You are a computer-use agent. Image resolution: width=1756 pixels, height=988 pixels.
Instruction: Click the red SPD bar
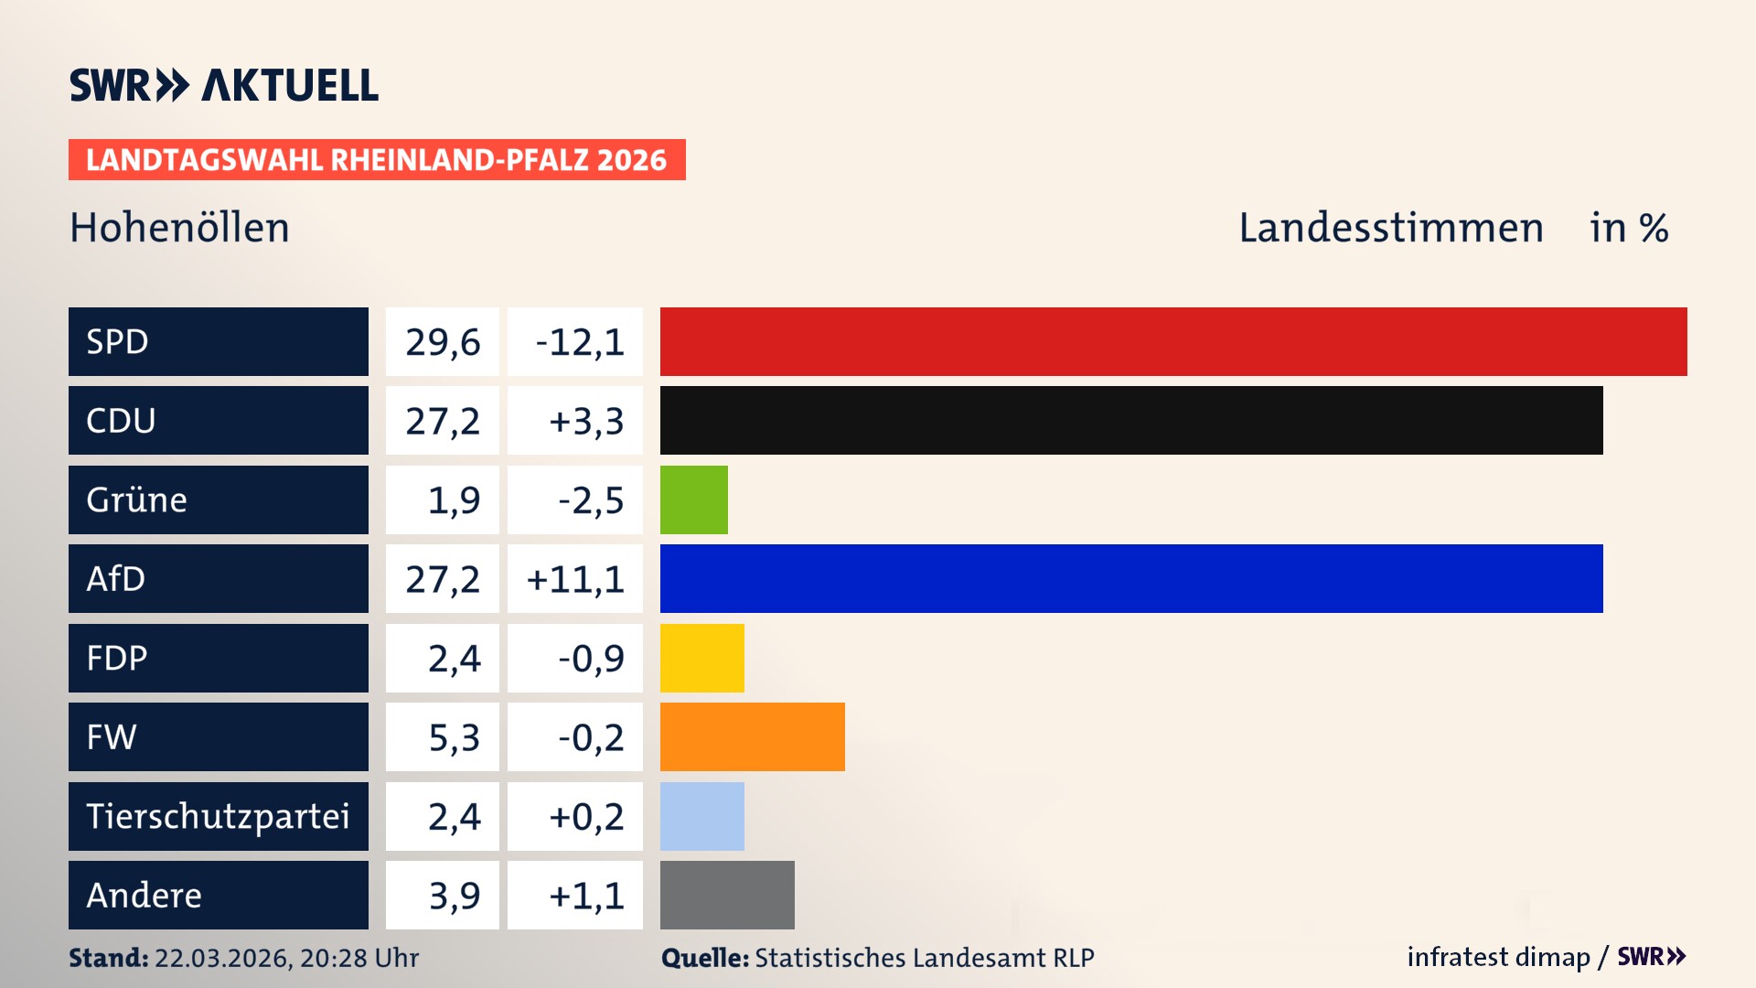click(x=1173, y=341)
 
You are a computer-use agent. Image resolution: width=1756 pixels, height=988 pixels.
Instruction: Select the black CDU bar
click(x=1131, y=421)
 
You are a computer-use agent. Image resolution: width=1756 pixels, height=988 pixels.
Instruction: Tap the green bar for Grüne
click(x=694, y=499)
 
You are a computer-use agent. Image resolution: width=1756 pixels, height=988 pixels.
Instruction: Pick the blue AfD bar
click(x=1131, y=578)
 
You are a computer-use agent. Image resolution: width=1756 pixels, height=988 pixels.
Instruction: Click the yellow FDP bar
click(x=702, y=658)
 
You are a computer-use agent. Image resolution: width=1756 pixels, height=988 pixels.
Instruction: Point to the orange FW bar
click(x=753, y=736)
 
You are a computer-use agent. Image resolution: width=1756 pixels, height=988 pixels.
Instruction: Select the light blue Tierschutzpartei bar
click(x=702, y=816)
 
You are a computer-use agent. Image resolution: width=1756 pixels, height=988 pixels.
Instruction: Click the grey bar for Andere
click(x=727, y=895)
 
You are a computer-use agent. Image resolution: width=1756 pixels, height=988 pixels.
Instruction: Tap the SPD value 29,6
click(x=443, y=342)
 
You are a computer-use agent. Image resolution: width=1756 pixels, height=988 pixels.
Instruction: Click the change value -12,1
click(x=579, y=342)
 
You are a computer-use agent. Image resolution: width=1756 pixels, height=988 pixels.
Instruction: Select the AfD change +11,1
click(x=575, y=579)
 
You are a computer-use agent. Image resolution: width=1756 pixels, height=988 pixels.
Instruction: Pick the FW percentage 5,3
click(x=454, y=737)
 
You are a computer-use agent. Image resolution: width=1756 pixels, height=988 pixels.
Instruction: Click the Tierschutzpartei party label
click(x=218, y=816)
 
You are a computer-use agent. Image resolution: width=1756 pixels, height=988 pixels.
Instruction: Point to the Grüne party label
click(x=137, y=499)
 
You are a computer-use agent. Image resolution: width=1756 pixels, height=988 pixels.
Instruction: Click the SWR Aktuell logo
click(x=223, y=85)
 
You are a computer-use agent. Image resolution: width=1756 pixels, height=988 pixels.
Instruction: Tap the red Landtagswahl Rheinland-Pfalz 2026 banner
click(x=377, y=160)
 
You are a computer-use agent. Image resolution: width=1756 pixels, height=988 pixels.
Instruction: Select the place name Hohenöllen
click(x=179, y=228)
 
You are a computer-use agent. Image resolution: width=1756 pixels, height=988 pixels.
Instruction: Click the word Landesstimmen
click(x=1390, y=228)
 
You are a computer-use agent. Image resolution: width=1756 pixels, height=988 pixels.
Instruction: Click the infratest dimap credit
click(x=1498, y=957)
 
